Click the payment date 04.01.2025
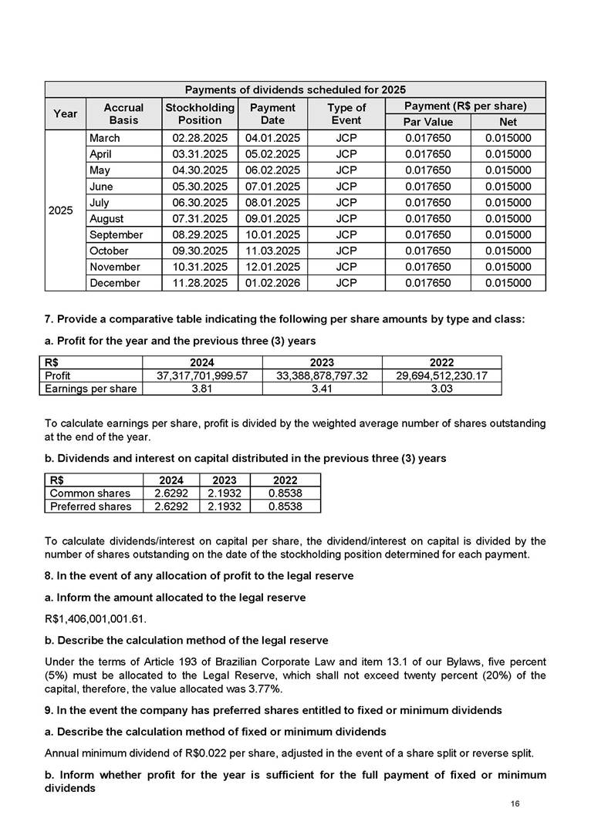point(272,138)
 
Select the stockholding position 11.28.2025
point(200,283)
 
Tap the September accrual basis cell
point(116,234)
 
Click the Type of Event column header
point(346,114)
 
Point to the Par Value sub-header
point(428,122)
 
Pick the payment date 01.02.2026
point(272,283)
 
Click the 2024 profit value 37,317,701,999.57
point(202,376)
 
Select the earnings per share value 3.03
point(441,389)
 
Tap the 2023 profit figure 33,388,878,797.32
point(322,376)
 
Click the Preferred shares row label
point(90,507)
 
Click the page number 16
point(515,804)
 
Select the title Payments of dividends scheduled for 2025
point(295,89)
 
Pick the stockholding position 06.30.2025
point(200,203)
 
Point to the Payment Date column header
point(272,114)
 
